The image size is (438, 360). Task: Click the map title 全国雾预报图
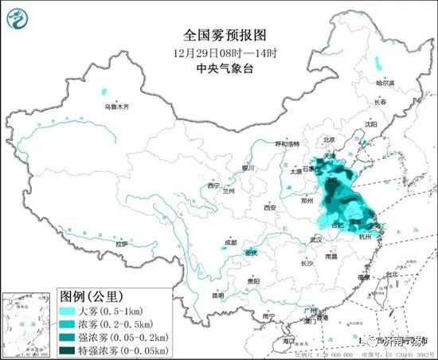pos(219,36)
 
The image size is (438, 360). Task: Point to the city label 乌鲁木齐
pos(115,106)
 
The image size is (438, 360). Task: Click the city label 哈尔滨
pos(385,83)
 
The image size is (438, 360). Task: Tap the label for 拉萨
pos(121,244)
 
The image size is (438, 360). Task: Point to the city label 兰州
pos(229,191)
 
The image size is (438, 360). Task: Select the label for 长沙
pos(307,263)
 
